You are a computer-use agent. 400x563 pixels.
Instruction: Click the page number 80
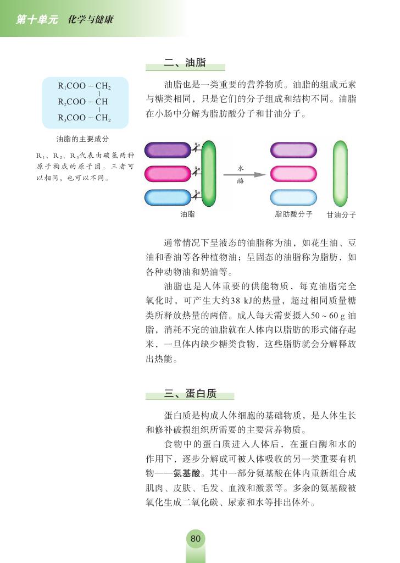tap(196, 539)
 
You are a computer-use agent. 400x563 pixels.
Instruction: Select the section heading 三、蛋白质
tap(190, 393)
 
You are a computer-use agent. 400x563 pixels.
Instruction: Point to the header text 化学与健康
tap(91, 19)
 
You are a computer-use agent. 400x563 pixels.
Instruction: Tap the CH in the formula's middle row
tap(101, 102)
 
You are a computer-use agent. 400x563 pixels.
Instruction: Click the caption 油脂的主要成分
tap(82, 139)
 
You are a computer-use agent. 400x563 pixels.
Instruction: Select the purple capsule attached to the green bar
tap(167, 150)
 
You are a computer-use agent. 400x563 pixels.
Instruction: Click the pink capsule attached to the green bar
tap(167, 174)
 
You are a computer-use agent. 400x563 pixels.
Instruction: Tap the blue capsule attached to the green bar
tap(167, 197)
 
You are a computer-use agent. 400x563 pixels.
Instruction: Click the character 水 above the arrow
tap(240, 167)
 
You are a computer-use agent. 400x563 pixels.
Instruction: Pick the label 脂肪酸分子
tap(293, 214)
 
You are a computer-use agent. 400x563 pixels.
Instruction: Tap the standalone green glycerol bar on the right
tap(340, 173)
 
